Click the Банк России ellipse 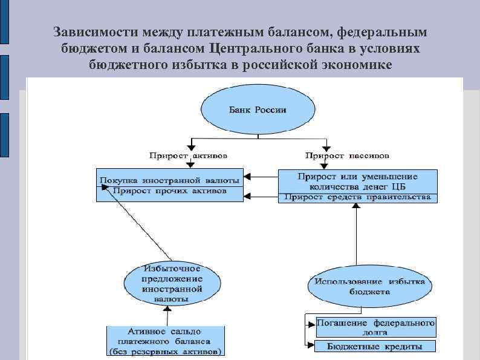coord(257,111)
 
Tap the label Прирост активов coord(189,155)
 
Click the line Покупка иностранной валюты coord(169,180)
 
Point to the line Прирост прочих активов coord(170,190)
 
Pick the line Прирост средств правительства coord(357,197)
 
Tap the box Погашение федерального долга coord(375,327)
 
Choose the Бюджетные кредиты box coord(375,347)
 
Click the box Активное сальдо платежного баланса coord(165,341)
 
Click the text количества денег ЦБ coord(357,186)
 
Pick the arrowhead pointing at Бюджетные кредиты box coord(310,346)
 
